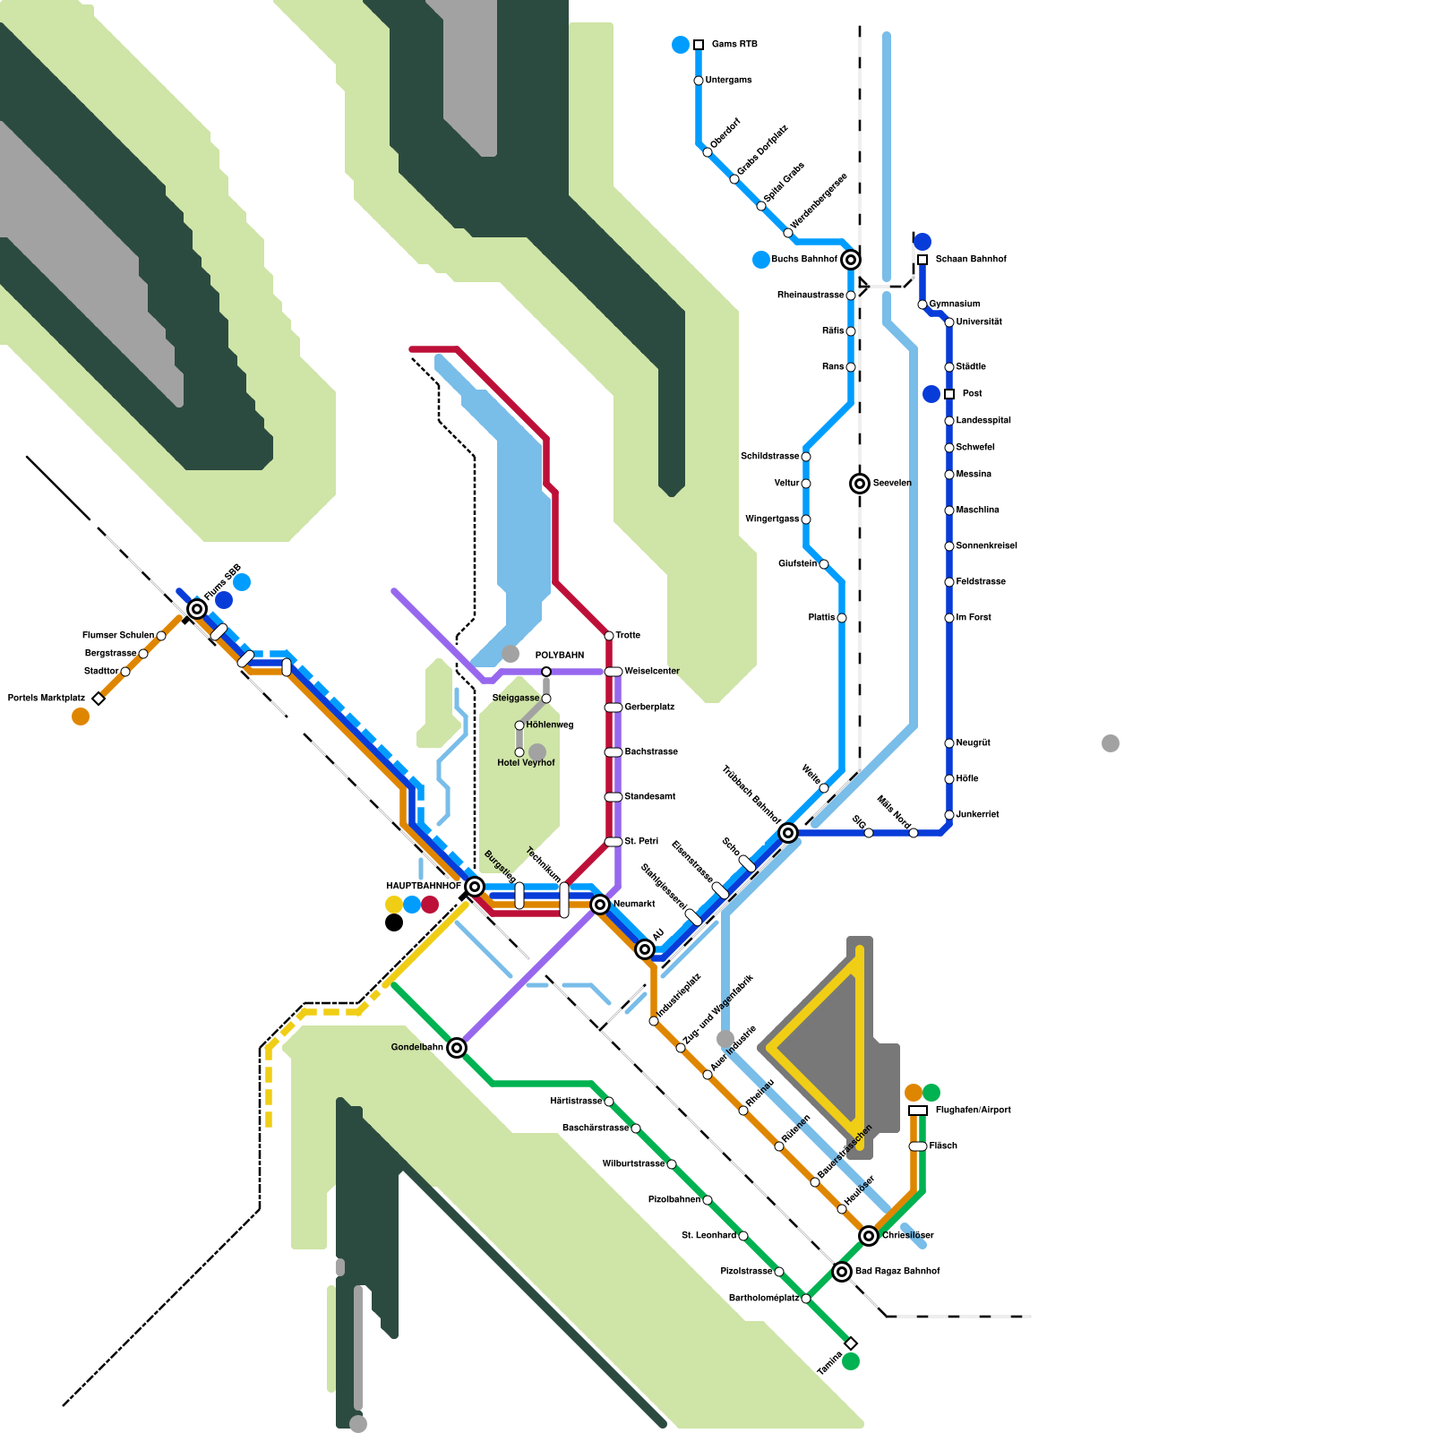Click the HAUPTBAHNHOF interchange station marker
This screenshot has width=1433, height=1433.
click(475, 887)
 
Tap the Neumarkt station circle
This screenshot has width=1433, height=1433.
click(600, 905)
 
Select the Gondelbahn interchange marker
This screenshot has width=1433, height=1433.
click(457, 1048)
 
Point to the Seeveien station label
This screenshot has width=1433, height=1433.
click(891, 484)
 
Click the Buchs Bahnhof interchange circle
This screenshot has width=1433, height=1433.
click(851, 260)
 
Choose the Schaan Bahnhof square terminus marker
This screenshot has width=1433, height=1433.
click(922, 260)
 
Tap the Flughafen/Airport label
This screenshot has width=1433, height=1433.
click(973, 1111)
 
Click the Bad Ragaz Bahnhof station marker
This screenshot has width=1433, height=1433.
click(842, 1272)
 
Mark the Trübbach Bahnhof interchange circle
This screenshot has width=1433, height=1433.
click(788, 833)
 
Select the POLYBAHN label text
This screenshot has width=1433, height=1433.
click(560, 656)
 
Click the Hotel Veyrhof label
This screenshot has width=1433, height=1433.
click(526, 763)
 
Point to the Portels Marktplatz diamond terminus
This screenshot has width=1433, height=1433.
click(99, 699)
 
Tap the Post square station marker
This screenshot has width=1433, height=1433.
click(949, 394)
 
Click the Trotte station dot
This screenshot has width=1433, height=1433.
click(609, 636)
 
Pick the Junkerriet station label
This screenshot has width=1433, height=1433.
click(977, 815)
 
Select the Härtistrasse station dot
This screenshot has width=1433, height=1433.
click(609, 1102)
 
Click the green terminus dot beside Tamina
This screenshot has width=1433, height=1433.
click(851, 1361)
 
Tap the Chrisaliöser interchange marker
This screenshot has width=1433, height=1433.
click(869, 1236)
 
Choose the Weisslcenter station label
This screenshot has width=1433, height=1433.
click(651, 672)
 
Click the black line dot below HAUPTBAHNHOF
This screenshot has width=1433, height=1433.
click(394, 922)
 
